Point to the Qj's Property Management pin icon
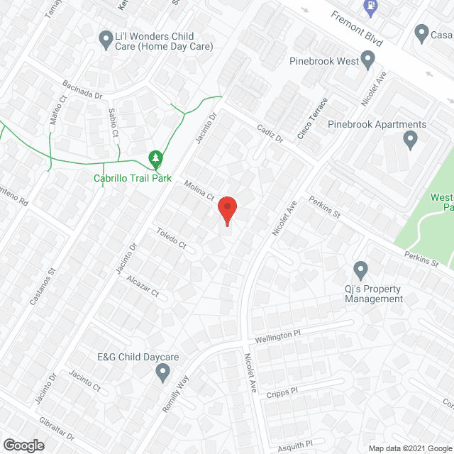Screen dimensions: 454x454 360,270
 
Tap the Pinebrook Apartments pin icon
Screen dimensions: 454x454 410,140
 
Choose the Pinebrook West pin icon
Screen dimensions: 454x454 367,62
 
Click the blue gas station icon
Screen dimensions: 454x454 370,7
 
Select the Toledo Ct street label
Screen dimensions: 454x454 171,238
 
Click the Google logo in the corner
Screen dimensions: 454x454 23,445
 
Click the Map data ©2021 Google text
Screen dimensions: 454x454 409,448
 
